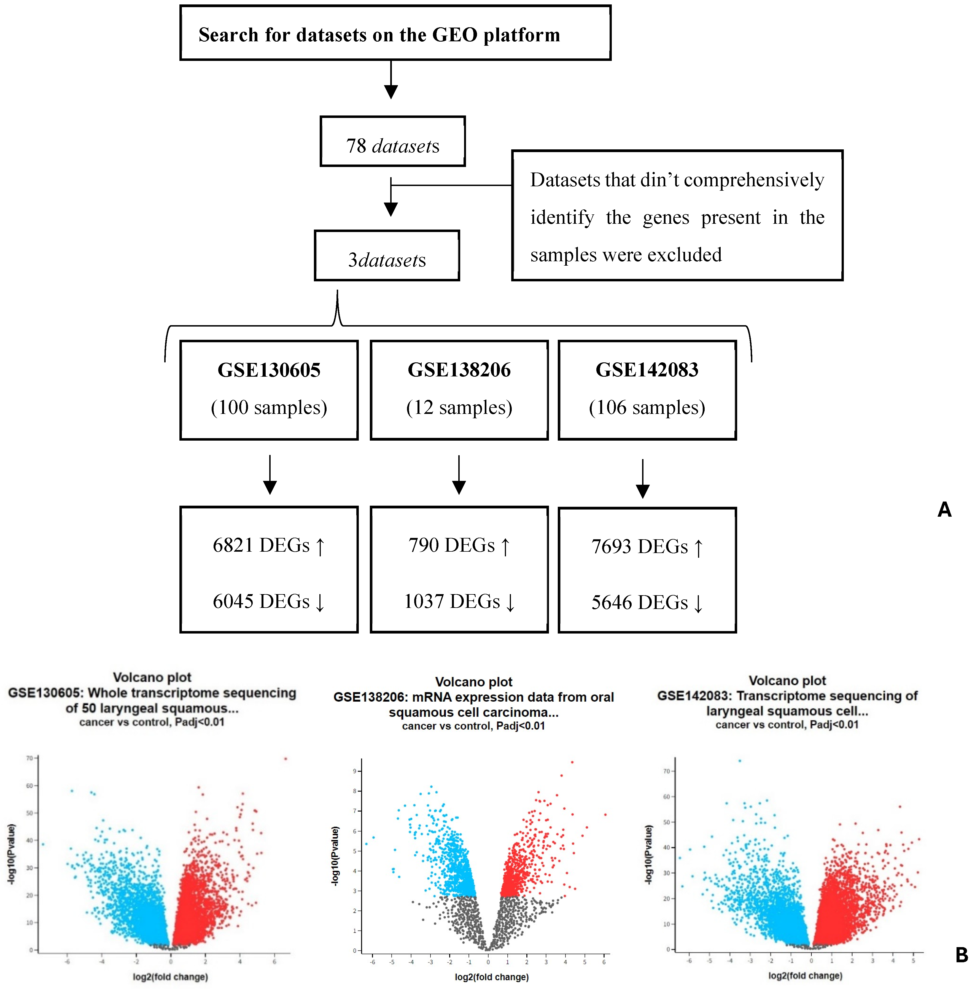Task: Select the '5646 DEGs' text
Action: tap(640, 602)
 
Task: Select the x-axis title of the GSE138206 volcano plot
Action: tap(491, 977)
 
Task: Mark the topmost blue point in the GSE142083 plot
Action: tap(739, 761)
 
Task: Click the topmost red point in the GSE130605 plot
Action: tap(286, 759)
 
